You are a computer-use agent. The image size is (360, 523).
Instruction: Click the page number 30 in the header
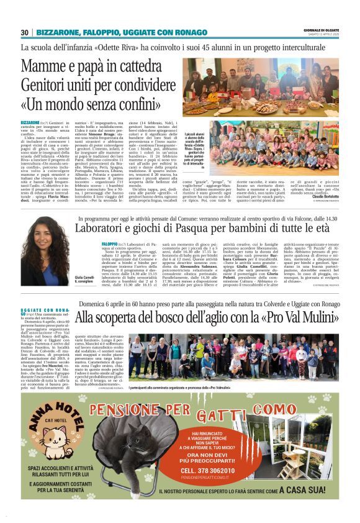24,32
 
